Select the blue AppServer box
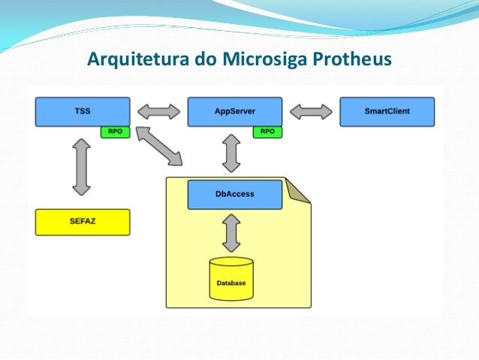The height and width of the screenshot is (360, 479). click(234, 111)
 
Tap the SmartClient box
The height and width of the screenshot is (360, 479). click(387, 111)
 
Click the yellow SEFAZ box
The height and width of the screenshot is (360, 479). click(83, 222)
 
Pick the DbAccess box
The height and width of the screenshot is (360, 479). click(234, 194)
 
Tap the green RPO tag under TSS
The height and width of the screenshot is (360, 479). click(116, 132)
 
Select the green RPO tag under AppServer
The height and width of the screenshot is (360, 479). click(267, 132)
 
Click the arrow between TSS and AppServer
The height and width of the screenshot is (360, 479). click(158, 112)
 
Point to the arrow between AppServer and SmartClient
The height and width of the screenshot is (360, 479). click(311, 112)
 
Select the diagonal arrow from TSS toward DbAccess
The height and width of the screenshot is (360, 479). click(159, 147)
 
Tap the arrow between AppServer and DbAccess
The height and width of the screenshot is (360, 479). click(231, 153)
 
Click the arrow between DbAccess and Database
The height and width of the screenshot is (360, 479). click(231, 233)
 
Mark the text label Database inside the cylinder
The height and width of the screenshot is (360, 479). click(231, 283)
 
